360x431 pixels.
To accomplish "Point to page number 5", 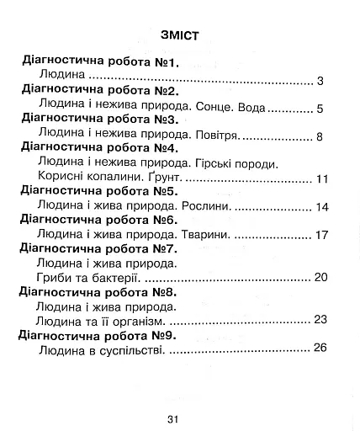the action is [x=321, y=108].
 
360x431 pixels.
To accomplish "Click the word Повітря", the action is [x=217, y=135].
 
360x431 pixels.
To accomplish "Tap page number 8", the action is [x=321, y=136].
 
